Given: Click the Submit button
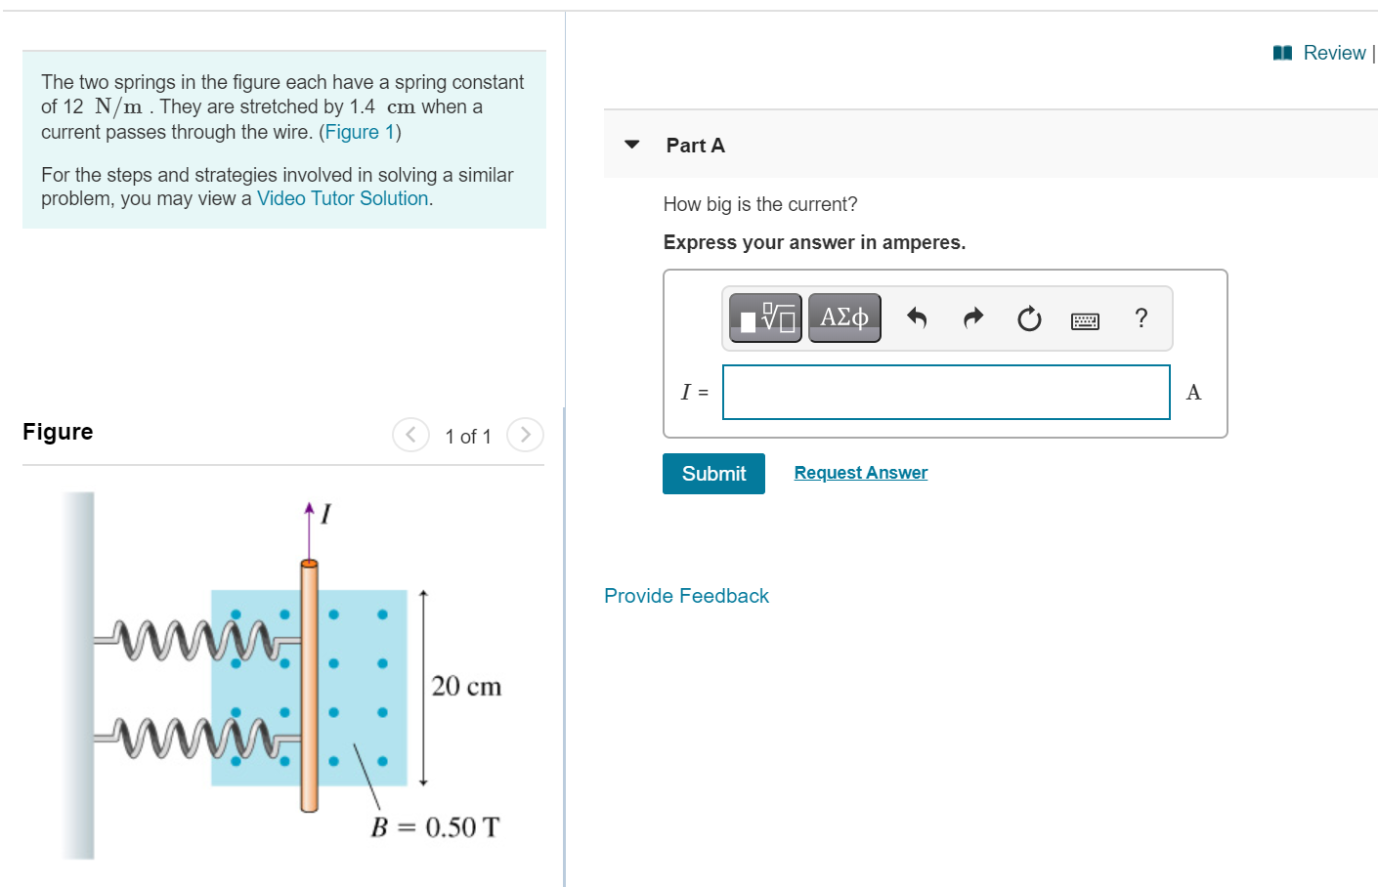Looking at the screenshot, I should point(713,474).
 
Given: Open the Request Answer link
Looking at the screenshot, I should point(860,473).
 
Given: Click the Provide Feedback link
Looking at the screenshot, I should point(686,596).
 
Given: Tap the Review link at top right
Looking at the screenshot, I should point(1333,53).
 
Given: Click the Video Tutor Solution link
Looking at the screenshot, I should point(342,198).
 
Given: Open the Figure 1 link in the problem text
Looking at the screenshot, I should point(360,132).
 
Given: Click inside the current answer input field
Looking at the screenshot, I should point(945,393).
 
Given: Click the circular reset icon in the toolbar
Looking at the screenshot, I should point(1029,318).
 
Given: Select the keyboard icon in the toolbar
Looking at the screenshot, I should point(1085,320).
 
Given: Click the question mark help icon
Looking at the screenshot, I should point(1141,318).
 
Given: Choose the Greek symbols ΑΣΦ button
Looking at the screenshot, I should point(844,317).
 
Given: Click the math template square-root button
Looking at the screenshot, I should point(766,317).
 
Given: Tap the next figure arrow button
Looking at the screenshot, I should point(525,435).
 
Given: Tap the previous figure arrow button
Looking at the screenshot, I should point(410,435).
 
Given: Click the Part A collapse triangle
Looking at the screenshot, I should point(632,145).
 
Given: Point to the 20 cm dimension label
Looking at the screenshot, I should point(466,687).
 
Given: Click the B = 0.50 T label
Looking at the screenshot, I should point(435,828).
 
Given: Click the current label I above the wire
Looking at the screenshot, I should point(325,514).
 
